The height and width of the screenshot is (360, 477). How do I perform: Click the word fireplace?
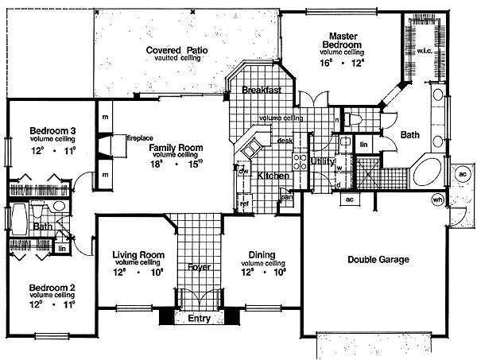pos(139,137)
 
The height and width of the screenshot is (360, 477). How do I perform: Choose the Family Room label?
pos(176,148)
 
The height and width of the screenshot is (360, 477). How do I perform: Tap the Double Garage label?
pos(378,258)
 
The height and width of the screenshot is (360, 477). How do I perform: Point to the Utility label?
pos(322,161)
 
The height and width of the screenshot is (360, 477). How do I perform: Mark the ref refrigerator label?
pos(244,203)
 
